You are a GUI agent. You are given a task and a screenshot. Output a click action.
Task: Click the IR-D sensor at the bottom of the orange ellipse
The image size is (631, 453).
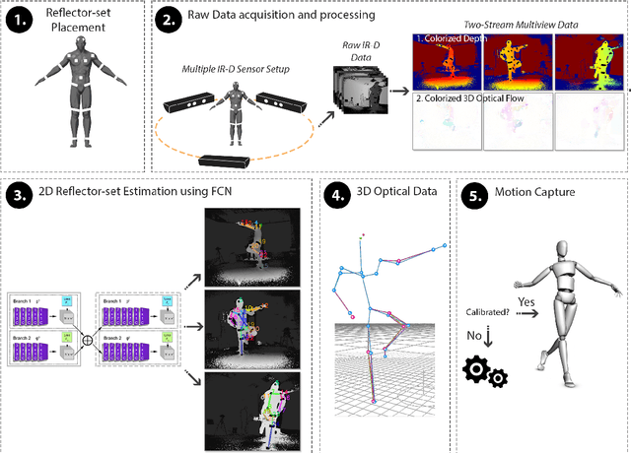227,160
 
